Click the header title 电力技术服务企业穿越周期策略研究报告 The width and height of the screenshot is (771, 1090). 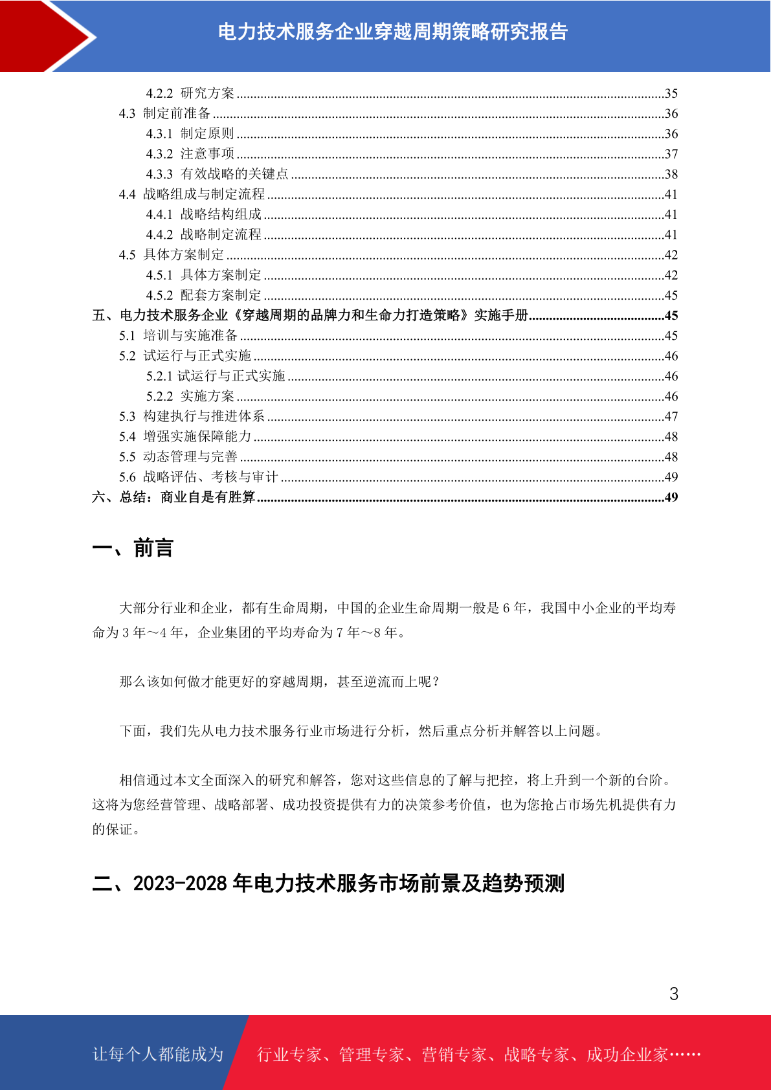pyautogui.click(x=392, y=32)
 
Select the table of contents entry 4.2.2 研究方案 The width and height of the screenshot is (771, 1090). pyautogui.click(x=190, y=93)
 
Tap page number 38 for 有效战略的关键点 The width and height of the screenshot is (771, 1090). pyautogui.click(x=671, y=174)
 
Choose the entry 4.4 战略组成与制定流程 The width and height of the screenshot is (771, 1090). pyautogui.click(x=192, y=194)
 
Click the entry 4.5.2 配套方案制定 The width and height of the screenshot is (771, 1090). pyautogui.click(x=203, y=295)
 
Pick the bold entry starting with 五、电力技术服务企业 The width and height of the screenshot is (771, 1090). pyautogui.click(x=310, y=315)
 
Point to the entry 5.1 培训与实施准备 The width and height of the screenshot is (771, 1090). pyautogui.click(x=178, y=335)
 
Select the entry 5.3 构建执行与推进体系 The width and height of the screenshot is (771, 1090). pyautogui.click(x=192, y=416)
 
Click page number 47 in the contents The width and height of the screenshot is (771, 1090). pyautogui.click(x=671, y=416)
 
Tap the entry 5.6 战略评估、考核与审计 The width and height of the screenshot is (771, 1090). pyautogui.click(x=198, y=477)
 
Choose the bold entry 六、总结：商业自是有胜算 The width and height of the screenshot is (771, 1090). pyautogui.click(x=173, y=497)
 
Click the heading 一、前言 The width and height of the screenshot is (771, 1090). pyautogui.click(x=133, y=548)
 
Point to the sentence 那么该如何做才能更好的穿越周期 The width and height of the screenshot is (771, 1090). pyautogui.click(x=280, y=682)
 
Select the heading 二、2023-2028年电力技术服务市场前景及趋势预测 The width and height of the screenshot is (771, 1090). pyautogui.click(x=328, y=884)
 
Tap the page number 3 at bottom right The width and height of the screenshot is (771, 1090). pyautogui.click(x=674, y=994)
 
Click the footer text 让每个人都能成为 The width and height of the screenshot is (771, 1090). pyautogui.click(x=158, y=1054)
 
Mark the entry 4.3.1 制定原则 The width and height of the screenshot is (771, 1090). pyautogui.click(x=190, y=133)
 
